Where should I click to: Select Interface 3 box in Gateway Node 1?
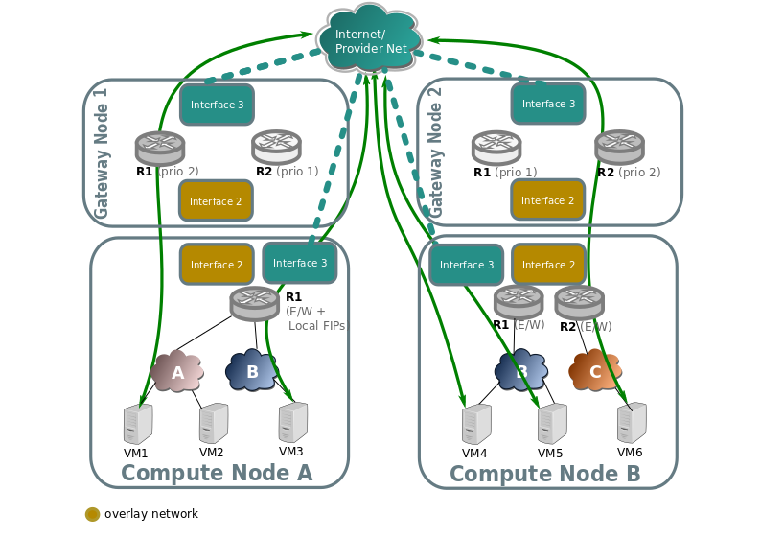point(217,105)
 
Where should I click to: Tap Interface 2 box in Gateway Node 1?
point(216,200)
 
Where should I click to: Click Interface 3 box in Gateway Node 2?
point(548,104)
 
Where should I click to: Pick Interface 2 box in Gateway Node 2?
point(547,199)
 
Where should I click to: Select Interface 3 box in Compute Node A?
point(300,263)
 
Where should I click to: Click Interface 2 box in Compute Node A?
point(217,264)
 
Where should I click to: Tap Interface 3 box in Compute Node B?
point(467,265)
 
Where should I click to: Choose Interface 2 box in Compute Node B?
point(548,264)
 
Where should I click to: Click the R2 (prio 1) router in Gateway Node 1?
point(276,147)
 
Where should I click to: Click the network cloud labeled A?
point(177,371)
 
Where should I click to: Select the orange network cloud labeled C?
point(595,371)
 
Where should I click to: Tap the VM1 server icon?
point(138,424)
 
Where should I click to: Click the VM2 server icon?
point(214,423)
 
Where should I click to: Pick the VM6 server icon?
point(632,423)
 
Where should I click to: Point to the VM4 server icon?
point(476,424)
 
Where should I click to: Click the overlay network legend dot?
point(93,514)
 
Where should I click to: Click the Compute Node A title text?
point(217,473)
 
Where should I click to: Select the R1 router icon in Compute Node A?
point(254,303)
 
